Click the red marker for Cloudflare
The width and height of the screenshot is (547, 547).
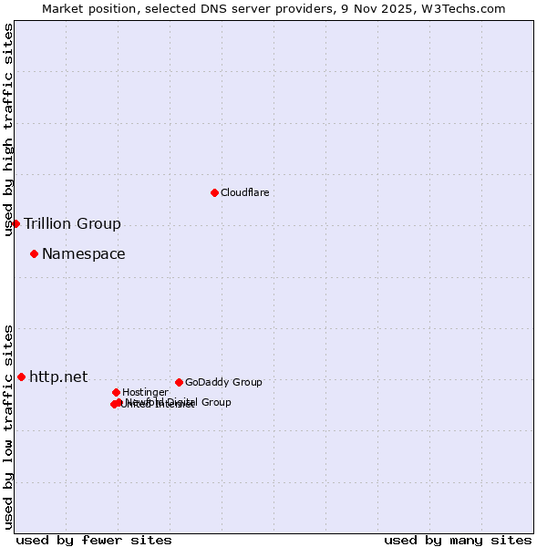click(x=214, y=192)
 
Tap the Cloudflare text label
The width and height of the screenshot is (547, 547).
click(x=244, y=193)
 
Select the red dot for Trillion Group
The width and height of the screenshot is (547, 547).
click(x=15, y=223)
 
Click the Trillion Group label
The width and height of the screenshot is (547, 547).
click(x=72, y=224)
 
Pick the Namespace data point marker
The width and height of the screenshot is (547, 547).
click(x=34, y=253)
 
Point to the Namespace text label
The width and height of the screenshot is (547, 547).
click(x=84, y=254)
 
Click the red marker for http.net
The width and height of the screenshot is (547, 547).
click(x=21, y=377)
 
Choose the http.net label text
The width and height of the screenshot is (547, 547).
click(x=58, y=377)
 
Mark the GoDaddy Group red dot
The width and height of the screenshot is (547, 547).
click(x=179, y=382)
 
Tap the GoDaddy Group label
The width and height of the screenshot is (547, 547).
click(x=223, y=383)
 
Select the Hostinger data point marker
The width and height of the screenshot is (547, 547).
click(x=116, y=392)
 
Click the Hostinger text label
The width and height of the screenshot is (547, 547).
click(x=145, y=393)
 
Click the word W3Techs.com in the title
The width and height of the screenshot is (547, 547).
click(x=468, y=8)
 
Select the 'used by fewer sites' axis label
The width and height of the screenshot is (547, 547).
click(x=94, y=541)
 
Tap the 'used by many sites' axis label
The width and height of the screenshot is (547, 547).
click(x=458, y=541)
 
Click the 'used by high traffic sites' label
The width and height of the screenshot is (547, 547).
click(x=9, y=129)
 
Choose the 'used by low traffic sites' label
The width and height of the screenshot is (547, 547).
click(x=9, y=426)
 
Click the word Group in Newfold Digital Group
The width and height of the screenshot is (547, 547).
click(x=214, y=402)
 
